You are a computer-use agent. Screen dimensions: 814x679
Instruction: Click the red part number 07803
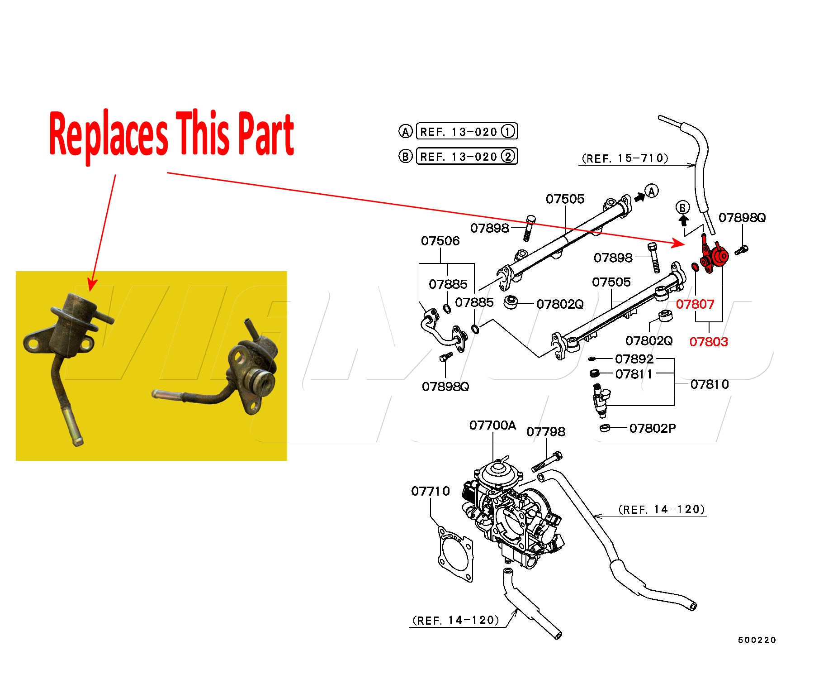(x=709, y=341)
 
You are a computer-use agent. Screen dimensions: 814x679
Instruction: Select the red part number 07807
(x=695, y=304)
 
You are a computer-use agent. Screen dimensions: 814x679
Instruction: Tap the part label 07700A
(x=492, y=425)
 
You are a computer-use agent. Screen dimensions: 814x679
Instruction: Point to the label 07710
(x=431, y=491)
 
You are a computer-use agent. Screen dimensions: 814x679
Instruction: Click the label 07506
(x=440, y=241)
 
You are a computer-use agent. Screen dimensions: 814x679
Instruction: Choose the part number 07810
(x=710, y=384)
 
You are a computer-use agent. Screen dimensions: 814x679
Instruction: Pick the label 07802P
(x=653, y=428)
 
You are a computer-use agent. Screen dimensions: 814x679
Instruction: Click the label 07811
(x=634, y=374)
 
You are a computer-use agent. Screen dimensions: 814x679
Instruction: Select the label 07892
(x=634, y=359)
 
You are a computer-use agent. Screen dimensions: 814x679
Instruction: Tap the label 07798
(x=546, y=432)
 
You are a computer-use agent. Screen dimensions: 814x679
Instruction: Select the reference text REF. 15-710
(x=625, y=158)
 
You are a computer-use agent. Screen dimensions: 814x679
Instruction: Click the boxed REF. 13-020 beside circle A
(x=466, y=131)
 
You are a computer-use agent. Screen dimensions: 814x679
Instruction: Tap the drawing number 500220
(x=757, y=640)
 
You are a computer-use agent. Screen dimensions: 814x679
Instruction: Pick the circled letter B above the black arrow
(x=683, y=208)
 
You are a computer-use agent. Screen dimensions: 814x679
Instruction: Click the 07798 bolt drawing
(x=547, y=462)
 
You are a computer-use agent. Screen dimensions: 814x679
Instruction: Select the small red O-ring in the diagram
(x=696, y=267)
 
